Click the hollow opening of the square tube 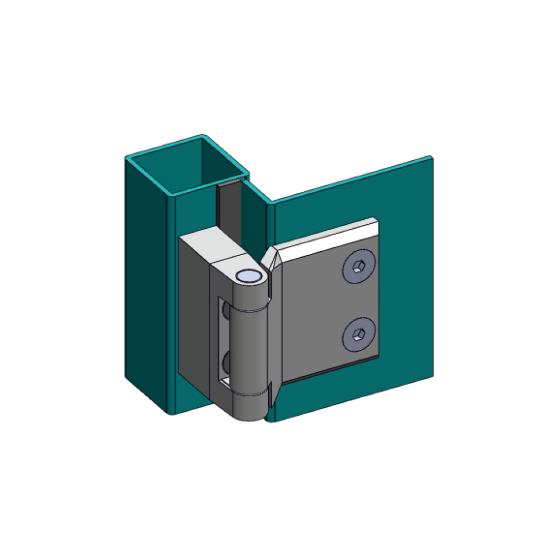[x=190, y=167]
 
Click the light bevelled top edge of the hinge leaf [x=329, y=234]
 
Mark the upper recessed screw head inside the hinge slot [x=224, y=315]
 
